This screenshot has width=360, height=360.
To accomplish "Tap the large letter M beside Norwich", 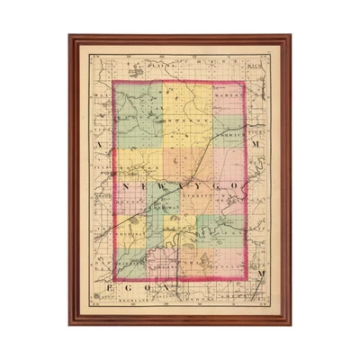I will pos(259,143).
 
